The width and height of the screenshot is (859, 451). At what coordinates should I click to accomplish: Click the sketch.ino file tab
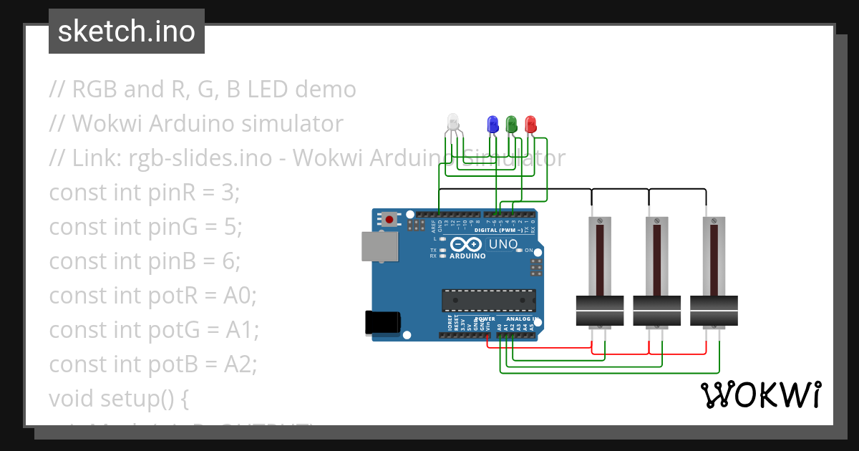[127, 31]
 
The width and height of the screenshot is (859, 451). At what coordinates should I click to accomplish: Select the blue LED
[492, 124]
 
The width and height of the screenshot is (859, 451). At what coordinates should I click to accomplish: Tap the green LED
[511, 124]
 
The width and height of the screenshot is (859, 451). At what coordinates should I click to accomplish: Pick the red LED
[530, 124]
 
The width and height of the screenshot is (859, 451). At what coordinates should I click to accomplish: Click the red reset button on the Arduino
[389, 219]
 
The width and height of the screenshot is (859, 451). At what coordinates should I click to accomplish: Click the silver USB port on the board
[380, 246]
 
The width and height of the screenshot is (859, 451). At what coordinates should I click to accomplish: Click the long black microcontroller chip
[488, 301]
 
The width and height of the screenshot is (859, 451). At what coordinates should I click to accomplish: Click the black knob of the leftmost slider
[600, 311]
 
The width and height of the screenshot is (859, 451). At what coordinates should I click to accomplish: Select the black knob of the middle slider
[656, 311]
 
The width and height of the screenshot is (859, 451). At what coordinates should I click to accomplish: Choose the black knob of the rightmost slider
[714, 311]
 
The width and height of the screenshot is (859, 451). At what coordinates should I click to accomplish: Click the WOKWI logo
[760, 394]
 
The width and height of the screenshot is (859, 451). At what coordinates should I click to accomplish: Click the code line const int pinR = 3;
[145, 193]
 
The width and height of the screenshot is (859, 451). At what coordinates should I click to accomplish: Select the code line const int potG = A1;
[153, 330]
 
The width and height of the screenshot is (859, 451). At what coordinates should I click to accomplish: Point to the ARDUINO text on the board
[467, 256]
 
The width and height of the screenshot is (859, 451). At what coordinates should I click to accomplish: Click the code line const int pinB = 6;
[145, 261]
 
